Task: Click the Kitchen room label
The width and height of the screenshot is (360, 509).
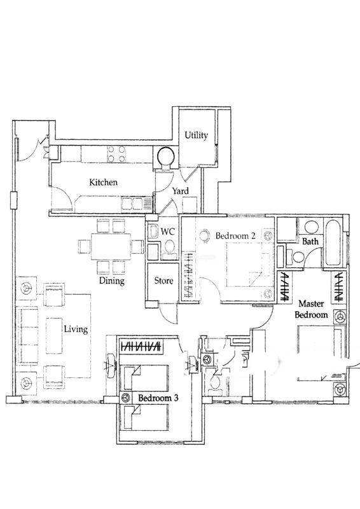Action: coord(104,183)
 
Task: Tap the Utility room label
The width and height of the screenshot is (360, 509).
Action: coord(196,135)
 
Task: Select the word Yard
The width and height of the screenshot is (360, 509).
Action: coord(180,191)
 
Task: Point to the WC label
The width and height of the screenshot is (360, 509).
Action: coord(168,232)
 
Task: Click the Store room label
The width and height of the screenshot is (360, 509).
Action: coord(163,281)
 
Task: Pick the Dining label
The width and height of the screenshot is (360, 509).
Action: coord(112,281)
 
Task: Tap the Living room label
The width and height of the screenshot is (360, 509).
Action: coord(76,330)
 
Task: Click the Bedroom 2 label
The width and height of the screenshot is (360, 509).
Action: coord(235,235)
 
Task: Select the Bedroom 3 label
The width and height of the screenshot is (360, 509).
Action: coord(158,398)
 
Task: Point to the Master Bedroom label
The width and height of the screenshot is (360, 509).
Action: coord(311,309)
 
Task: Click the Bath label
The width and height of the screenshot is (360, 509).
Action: coord(310,242)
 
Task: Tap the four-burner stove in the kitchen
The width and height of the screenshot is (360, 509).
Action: coord(116,154)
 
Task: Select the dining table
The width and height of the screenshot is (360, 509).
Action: coord(111,246)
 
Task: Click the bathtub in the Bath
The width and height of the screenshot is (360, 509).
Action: coord(333,242)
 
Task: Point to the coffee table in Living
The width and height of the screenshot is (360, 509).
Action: coord(54,335)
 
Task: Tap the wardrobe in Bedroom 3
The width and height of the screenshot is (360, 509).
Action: coord(141,346)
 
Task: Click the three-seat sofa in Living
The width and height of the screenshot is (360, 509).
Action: coord(25,335)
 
